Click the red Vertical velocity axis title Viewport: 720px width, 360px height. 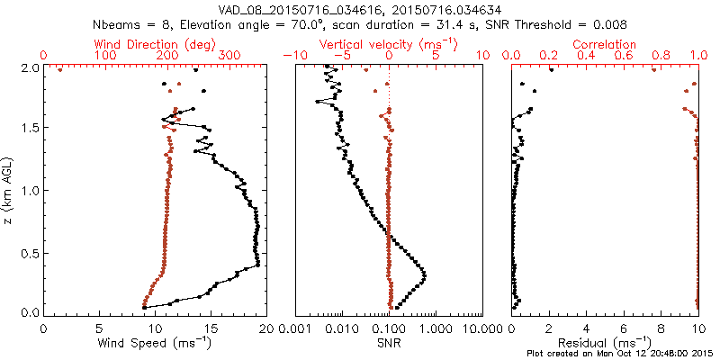click(389, 44)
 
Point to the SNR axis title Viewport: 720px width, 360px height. click(389, 343)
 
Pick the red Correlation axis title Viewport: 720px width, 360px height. click(605, 44)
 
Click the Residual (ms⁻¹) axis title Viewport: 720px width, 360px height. click(605, 343)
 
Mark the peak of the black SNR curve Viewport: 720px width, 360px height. click(424, 274)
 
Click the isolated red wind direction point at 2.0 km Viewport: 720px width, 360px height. click(59, 68)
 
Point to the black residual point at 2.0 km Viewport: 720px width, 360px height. click(551, 68)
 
